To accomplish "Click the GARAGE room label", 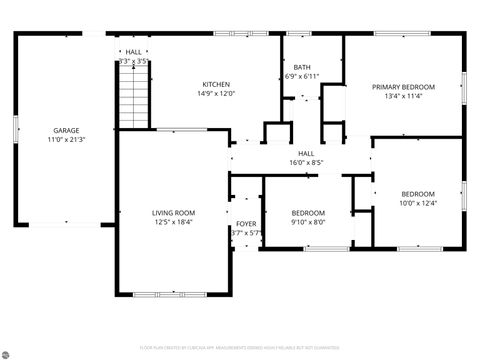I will click(67, 131).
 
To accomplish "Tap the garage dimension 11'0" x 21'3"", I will click(67, 140).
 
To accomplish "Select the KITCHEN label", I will click(217, 84).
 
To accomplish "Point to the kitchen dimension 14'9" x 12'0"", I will click(217, 93).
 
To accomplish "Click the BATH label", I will click(301, 67).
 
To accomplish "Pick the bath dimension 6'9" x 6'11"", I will click(301, 76).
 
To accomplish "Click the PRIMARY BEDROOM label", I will click(405, 88).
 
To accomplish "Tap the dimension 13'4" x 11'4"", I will click(405, 97).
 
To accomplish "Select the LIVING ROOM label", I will click(173, 212).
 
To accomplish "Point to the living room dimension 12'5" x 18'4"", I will click(173, 222).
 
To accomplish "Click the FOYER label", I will click(245, 223).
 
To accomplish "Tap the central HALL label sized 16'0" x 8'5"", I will click(305, 153).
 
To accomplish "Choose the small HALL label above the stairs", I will click(133, 52).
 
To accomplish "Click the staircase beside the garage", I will click(133, 100).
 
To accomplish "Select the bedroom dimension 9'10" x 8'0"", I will click(308, 222).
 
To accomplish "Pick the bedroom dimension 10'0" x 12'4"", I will click(418, 203).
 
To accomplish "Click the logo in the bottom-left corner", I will click(8, 352).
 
